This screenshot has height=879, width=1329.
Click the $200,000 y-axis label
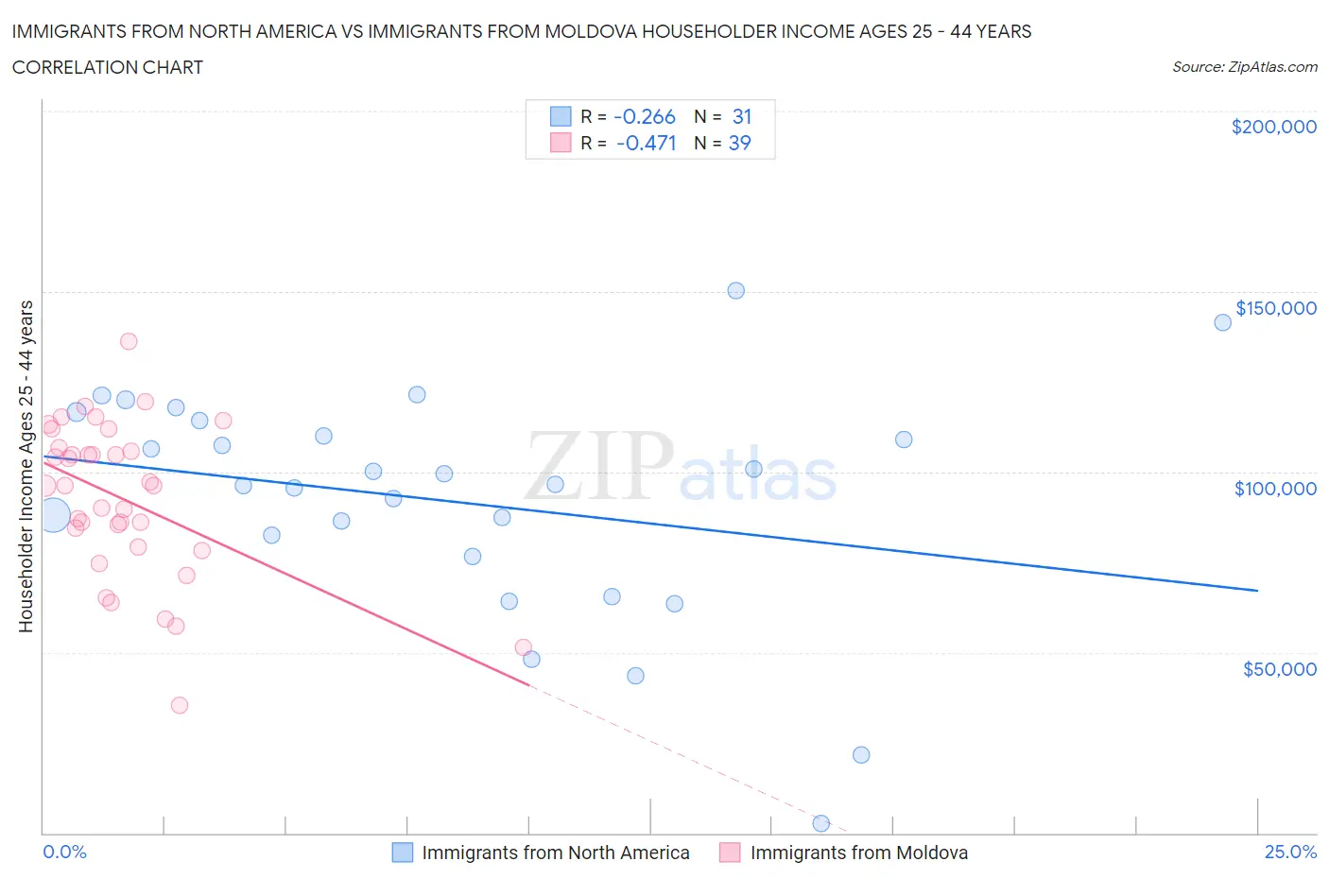click(1273, 127)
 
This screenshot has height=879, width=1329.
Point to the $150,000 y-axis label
click(1275, 308)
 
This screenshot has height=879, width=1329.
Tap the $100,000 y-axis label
click(1275, 489)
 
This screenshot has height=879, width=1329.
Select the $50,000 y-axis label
click(1279, 669)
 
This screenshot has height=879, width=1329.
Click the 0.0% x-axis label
click(64, 852)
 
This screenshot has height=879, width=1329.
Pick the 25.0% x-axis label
click(1290, 852)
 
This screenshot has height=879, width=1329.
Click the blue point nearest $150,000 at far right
click(1222, 322)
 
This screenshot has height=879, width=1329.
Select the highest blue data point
click(735, 291)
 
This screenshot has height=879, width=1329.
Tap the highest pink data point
click(129, 341)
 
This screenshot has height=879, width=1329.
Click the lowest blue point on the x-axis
click(820, 823)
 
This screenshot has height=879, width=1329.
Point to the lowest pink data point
click(180, 705)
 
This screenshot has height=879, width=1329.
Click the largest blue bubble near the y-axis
click(53, 516)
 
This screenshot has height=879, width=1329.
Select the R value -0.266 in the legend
click(644, 116)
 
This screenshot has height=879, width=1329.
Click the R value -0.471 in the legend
click(646, 143)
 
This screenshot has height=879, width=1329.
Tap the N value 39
click(739, 143)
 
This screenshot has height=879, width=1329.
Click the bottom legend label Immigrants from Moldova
click(858, 853)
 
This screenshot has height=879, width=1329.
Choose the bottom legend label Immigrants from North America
click(555, 853)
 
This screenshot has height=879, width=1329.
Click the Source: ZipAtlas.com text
click(1244, 67)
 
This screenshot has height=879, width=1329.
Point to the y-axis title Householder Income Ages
click(26, 466)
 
